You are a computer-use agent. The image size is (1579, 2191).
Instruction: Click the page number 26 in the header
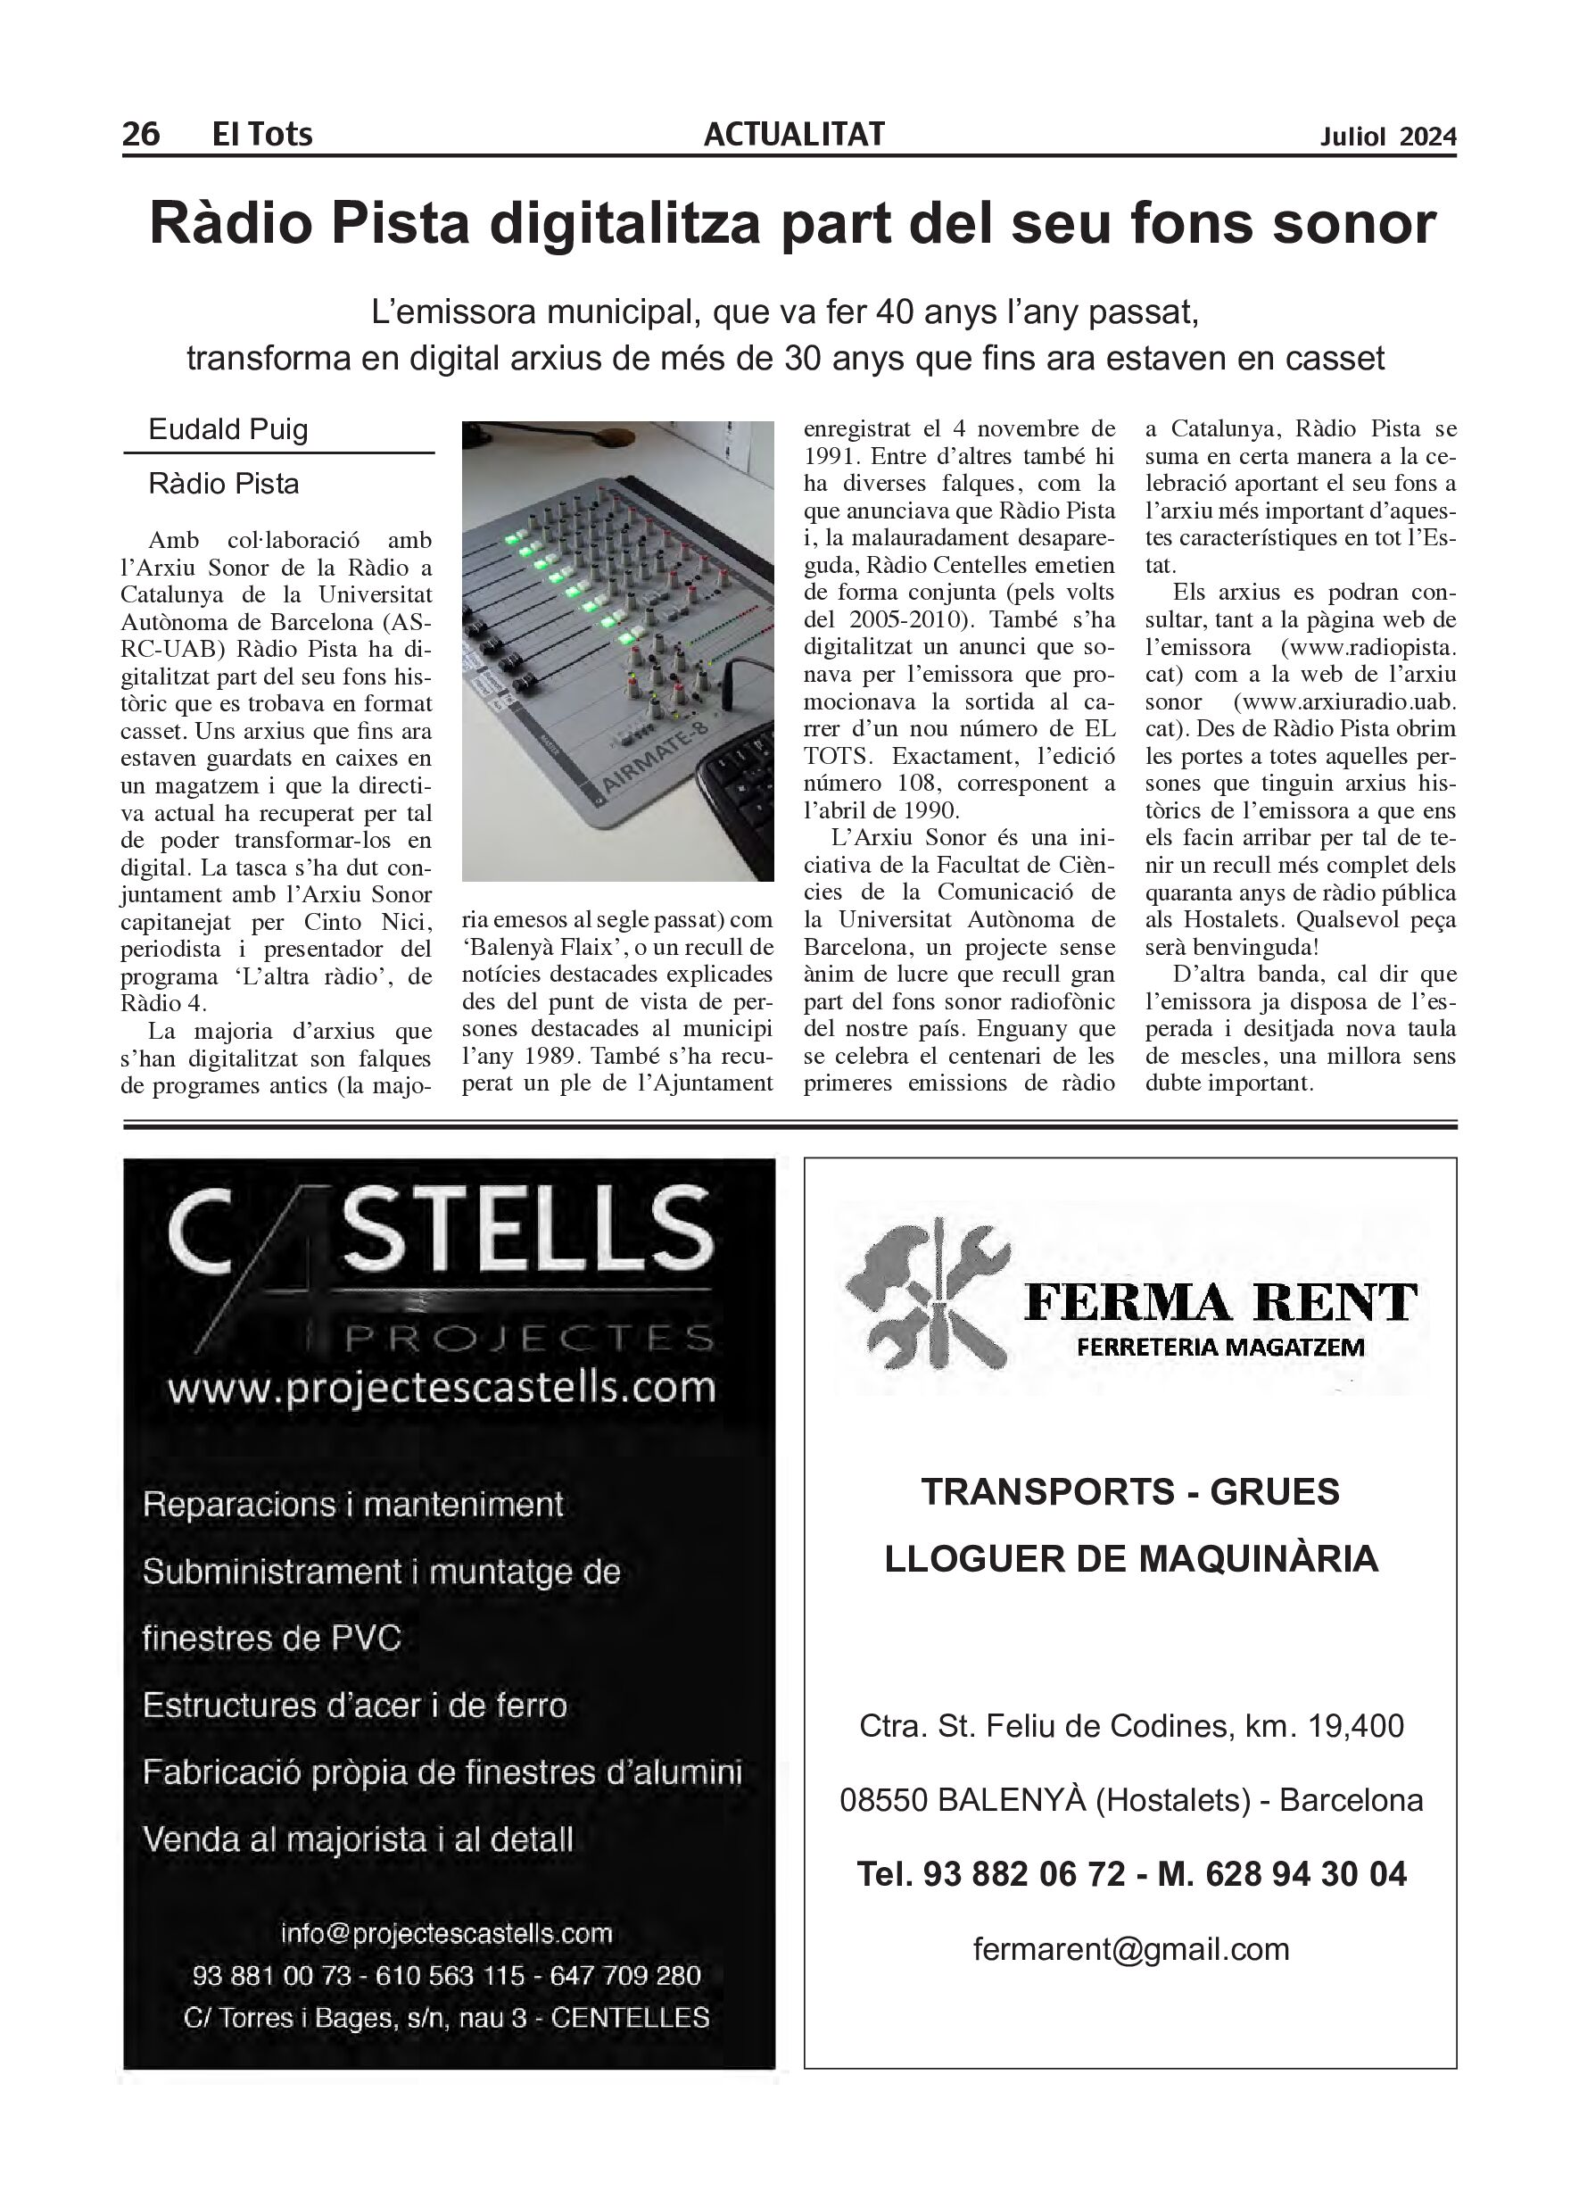pos(141,133)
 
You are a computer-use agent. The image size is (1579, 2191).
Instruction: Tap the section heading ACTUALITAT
pos(794,133)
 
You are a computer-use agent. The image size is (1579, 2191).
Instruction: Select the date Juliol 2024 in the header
pos(1388,137)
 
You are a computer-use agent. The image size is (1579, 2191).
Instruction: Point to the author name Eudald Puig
pos(227,429)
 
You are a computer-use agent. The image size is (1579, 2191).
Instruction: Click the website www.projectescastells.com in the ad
pos(442,1388)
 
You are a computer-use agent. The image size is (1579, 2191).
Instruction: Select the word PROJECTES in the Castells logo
pos(528,1339)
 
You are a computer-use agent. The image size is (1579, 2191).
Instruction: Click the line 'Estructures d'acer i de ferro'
pos(354,1705)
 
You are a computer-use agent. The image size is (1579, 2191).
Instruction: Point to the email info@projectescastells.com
pos(446,1933)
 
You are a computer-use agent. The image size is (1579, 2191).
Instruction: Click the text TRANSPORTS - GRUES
pos(1130,1491)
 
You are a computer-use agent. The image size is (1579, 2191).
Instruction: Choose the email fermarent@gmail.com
pos(1131,1948)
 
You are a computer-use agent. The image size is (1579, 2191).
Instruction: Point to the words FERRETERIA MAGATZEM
pos(1220,1347)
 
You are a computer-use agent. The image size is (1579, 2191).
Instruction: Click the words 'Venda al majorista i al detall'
pos(359,1838)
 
